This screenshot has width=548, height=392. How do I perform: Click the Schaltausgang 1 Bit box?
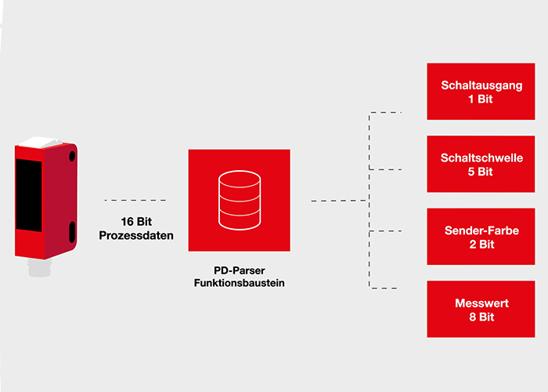481,92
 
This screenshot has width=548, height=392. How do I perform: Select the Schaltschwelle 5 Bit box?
481,164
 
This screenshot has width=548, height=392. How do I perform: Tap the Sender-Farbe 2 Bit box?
481,236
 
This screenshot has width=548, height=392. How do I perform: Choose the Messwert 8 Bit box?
481,309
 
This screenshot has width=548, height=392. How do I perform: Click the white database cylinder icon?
240,200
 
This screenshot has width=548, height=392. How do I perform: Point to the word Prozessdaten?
136,235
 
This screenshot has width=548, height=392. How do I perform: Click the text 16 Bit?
136,222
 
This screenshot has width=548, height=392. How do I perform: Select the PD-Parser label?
240,270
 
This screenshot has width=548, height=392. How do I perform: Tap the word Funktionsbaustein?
240,283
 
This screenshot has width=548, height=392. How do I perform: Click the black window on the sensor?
29,194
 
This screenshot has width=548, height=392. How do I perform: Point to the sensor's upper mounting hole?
72,156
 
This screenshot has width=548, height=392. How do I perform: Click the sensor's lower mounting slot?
72,232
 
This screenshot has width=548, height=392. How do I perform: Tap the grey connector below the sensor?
39,268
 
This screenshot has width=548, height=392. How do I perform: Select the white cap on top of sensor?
40,142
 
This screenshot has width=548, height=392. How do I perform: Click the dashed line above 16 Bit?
135,200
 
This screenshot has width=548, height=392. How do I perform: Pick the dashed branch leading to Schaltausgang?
385,112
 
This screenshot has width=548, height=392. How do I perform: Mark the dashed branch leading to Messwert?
383,289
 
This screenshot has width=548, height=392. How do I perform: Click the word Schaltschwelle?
481,158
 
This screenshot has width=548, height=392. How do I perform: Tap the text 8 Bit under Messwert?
481,317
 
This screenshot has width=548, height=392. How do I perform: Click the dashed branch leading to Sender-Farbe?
385,231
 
